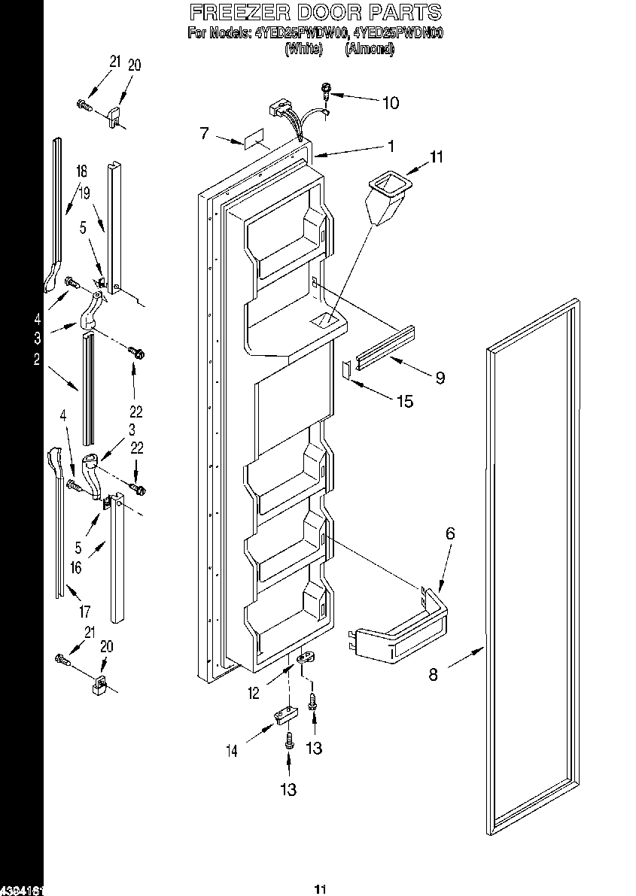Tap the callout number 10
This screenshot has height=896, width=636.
coord(391,103)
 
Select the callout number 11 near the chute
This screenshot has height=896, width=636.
coord(437,157)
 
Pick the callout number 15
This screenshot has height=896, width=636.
coord(404,402)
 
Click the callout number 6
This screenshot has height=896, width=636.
coord(450,533)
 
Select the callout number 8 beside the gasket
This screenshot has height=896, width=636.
coord(433,674)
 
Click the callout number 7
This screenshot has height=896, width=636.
coord(204,134)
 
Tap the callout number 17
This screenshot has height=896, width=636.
coord(84,612)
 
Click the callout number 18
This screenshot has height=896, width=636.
coord(81,172)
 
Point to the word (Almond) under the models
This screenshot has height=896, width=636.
coord(369,49)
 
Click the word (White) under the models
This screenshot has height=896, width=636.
coord(303,49)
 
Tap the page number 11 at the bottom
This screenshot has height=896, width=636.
coord(319,889)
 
